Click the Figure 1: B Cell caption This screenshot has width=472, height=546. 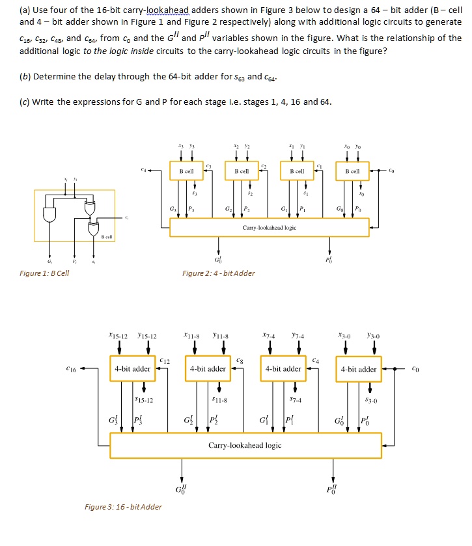point(44,273)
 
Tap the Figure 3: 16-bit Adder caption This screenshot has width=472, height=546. point(123,506)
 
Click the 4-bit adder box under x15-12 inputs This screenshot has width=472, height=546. point(133,369)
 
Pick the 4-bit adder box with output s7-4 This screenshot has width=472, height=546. point(283,369)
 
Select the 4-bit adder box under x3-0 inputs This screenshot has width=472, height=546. point(358,369)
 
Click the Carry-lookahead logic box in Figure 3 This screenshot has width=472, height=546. point(245,445)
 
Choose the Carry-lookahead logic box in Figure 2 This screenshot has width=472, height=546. point(269,228)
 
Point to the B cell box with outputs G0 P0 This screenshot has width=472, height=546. point(352,171)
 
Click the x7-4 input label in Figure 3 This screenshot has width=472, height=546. point(270,336)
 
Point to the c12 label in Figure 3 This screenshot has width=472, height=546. point(165,359)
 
